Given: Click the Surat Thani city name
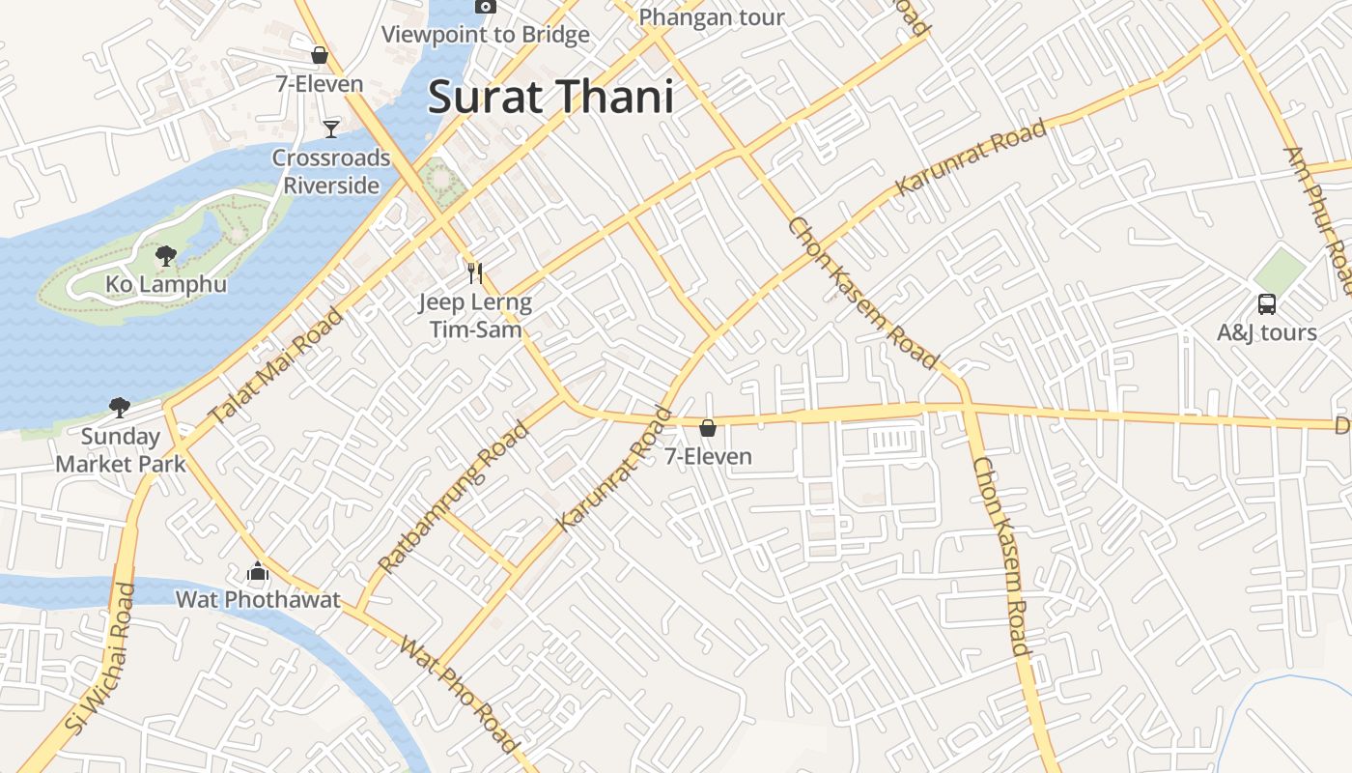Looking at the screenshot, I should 549,98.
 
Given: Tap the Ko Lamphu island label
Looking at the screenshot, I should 165,284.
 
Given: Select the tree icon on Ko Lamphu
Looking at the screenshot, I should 166,256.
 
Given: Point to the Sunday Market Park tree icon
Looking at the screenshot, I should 120,407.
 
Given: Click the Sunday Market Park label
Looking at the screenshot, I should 121,450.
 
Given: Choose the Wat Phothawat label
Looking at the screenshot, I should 258,600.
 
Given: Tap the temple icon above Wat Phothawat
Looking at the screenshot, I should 257,573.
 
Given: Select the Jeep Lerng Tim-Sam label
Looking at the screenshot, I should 475,316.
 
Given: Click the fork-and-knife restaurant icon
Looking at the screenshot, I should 474,273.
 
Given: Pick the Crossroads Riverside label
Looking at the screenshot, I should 331,171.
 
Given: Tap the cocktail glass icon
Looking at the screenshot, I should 331,128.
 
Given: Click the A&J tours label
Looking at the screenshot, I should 1266,333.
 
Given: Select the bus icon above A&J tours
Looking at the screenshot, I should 1267,304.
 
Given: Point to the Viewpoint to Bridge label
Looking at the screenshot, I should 485,35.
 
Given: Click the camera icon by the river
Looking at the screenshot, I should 486,7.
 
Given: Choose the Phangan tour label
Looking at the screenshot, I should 712,17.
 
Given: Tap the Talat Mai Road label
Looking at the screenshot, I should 276,366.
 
